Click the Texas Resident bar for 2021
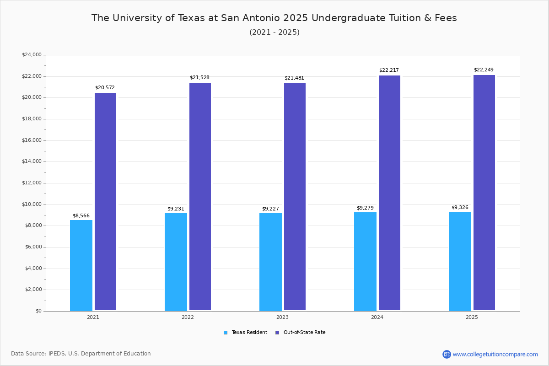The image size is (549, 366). (x=81, y=265)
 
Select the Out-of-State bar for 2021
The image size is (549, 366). (x=105, y=202)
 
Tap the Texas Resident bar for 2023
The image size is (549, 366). (x=270, y=262)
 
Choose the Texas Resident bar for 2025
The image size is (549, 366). (x=460, y=261)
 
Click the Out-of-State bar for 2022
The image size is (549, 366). (x=200, y=197)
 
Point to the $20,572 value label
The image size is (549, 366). (x=105, y=88)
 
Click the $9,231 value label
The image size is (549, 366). (x=176, y=209)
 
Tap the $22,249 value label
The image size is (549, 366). (x=484, y=70)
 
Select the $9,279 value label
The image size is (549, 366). (x=365, y=208)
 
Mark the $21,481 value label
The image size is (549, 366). (x=294, y=78)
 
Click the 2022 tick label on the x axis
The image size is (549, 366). (x=188, y=317)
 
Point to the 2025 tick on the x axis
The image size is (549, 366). (x=472, y=317)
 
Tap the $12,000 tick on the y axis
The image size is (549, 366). (x=32, y=183)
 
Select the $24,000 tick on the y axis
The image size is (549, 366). (x=32, y=55)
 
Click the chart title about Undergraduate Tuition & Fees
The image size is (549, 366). (x=274, y=18)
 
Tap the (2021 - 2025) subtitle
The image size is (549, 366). (x=274, y=32)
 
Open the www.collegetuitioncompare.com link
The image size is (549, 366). (x=495, y=354)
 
